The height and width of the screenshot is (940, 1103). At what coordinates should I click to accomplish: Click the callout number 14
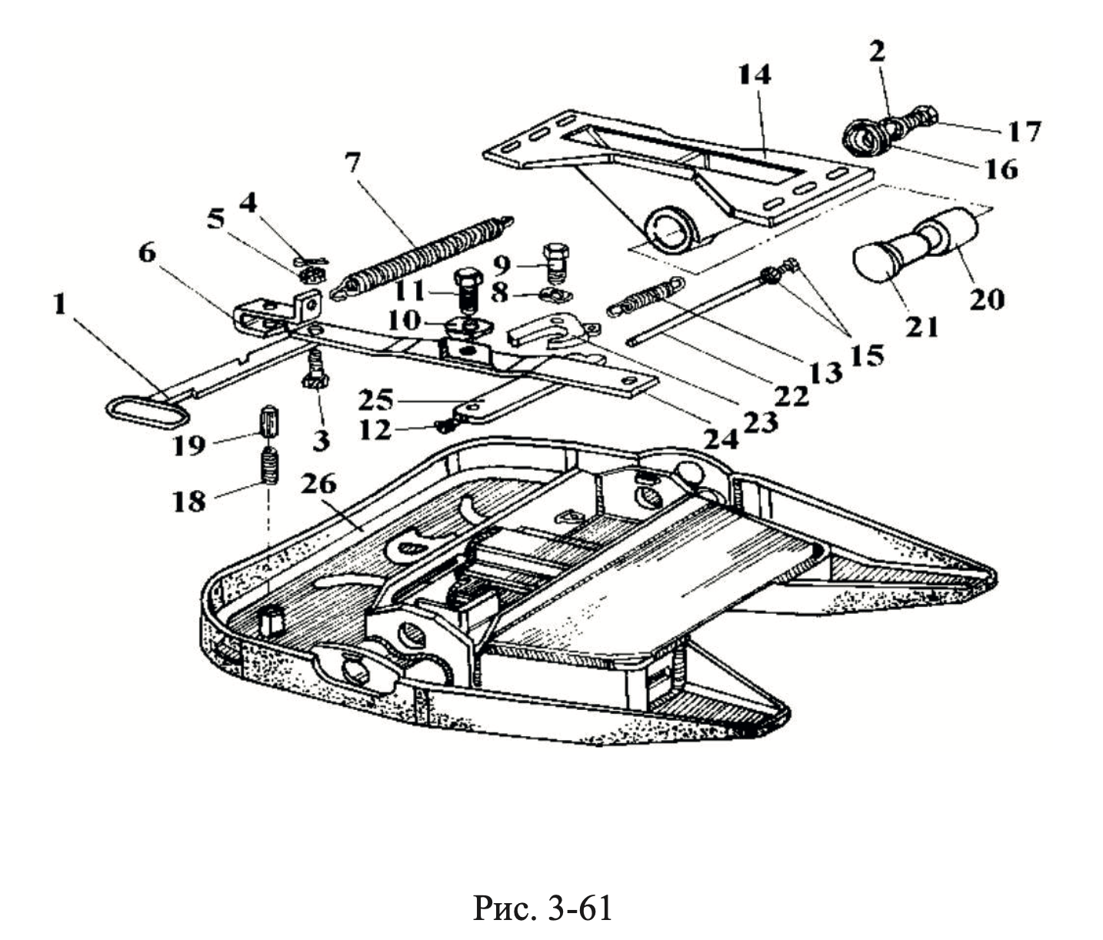pyautogui.click(x=754, y=75)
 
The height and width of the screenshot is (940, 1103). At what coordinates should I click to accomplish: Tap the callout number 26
pyautogui.click(x=319, y=485)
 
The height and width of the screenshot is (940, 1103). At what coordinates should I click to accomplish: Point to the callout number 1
pyautogui.click(x=58, y=305)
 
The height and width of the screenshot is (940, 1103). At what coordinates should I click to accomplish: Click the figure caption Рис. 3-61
pyautogui.click(x=542, y=908)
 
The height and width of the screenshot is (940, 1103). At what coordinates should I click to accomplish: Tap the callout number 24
pyautogui.click(x=722, y=438)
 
